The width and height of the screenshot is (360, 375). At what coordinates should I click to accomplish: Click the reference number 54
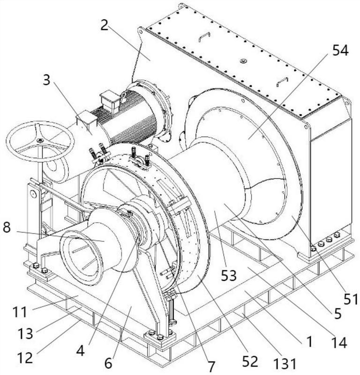click(340, 51)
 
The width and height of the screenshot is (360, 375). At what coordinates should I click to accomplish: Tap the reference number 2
click(105, 26)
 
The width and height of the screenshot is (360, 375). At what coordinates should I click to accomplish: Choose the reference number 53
click(228, 275)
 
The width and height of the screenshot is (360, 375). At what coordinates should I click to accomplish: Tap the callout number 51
click(351, 299)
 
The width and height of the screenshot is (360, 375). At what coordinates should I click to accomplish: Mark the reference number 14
click(339, 343)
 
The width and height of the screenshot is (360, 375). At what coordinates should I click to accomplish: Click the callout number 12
click(25, 358)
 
